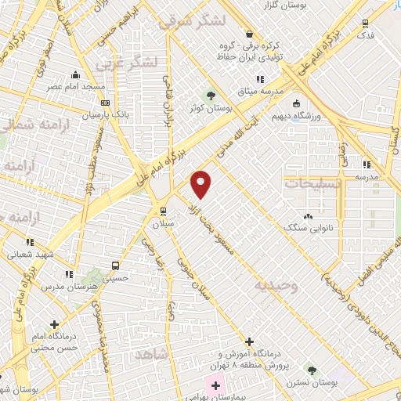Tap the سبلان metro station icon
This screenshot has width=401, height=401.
(x=162, y=210)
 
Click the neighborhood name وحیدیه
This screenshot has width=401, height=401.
(x=276, y=286)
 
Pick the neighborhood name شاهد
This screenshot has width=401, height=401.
(x=154, y=354)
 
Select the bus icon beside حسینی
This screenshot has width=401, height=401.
(x=116, y=265)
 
